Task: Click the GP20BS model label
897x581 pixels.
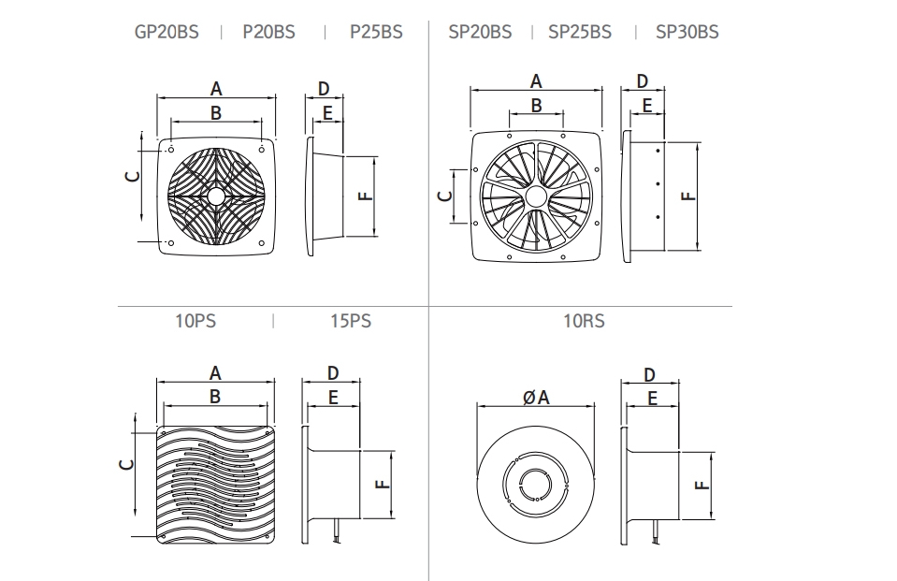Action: (x=166, y=32)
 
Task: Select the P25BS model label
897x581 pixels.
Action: (x=376, y=32)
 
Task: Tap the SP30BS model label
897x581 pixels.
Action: (x=687, y=32)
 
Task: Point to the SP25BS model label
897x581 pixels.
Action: (x=580, y=32)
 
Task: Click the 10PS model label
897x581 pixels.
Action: (x=195, y=321)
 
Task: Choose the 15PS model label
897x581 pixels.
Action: (x=351, y=321)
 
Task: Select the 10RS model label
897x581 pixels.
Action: (x=584, y=321)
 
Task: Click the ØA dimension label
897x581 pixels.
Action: (x=536, y=398)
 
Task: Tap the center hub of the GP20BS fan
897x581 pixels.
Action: (x=217, y=196)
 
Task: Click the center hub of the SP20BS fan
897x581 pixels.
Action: (x=536, y=196)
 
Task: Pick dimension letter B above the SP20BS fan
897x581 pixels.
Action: (x=536, y=106)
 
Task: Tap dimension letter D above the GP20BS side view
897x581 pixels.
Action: (x=324, y=89)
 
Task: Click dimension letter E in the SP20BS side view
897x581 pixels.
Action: (x=647, y=106)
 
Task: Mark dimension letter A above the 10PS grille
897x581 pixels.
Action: (x=216, y=373)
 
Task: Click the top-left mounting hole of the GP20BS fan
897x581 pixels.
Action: (x=172, y=147)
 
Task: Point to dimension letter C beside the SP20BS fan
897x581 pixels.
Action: (x=445, y=196)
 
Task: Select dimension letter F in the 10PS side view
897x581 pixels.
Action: (x=381, y=484)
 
